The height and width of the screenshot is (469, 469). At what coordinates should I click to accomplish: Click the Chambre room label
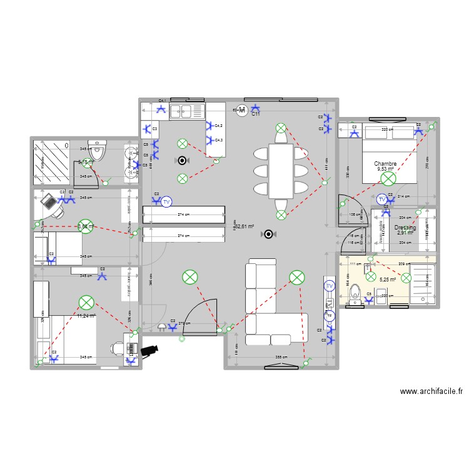point(386,164)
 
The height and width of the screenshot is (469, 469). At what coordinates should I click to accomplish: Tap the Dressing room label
point(405,228)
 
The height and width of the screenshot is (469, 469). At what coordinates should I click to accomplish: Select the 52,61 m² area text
point(244,226)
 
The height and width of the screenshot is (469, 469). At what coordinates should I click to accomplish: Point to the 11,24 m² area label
point(86,316)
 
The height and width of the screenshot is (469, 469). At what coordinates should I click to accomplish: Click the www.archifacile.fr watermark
point(431,392)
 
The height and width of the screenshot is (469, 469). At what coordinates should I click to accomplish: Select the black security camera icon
point(150,350)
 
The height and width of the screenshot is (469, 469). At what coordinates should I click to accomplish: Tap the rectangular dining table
point(281,171)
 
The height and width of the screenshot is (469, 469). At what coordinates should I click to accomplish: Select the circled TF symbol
point(330,316)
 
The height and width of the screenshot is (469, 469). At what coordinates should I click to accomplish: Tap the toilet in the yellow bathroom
point(355,293)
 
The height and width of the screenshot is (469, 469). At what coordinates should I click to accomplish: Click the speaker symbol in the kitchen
point(183,160)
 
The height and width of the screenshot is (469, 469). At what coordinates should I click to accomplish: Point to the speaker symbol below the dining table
point(269,234)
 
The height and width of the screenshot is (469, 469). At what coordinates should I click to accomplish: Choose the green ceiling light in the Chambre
point(388,179)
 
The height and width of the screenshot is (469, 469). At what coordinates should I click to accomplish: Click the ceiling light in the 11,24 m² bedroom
point(86,303)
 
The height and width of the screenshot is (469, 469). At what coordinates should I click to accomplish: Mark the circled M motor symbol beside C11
point(243,109)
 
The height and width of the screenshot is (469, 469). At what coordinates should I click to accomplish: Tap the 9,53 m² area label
point(386,169)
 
